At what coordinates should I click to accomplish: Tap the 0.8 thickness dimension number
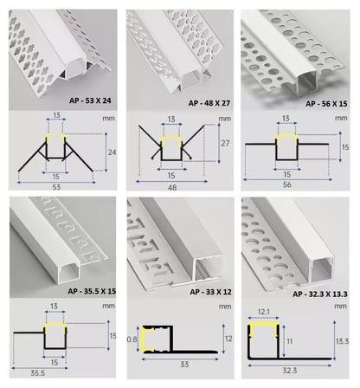pos(131,339)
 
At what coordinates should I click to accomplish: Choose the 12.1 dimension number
pos(263,311)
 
